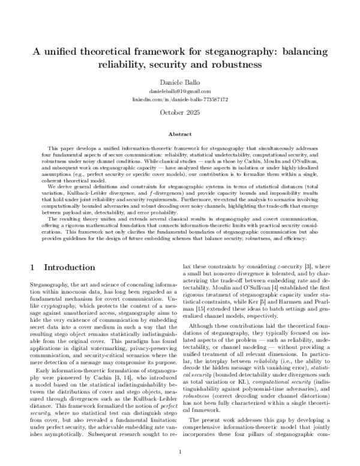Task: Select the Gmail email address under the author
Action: click(179, 90)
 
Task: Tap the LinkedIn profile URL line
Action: click(179, 98)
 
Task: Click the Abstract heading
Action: click(179, 135)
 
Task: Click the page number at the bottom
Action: click(179, 452)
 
